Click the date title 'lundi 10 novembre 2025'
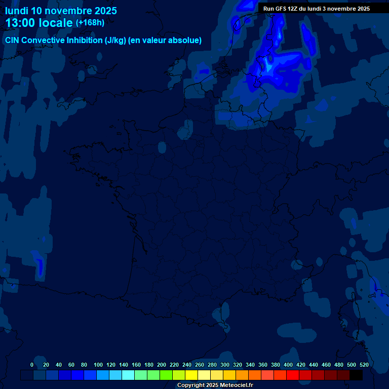click(61, 11)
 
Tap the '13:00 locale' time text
click(38, 23)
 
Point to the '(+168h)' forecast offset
click(90, 23)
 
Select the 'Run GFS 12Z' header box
click(317, 9)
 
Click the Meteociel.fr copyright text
click(215, 385)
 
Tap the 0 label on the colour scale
click(32, 365)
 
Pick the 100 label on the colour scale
click(98, 365)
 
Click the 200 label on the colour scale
click(162, 365)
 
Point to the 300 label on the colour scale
click(225, 365)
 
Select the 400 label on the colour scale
click(288, 365)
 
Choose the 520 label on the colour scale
click(364, 365)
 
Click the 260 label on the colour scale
click(200, 365)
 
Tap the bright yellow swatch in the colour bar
click(191, 375)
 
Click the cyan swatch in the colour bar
click(128, 375)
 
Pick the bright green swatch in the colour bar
click(166, 375)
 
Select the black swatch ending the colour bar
click(356, 375)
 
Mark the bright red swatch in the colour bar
click(293, 375)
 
